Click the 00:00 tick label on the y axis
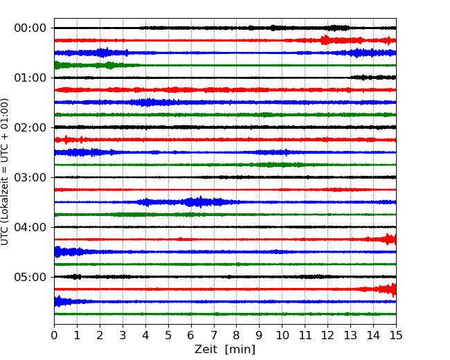pyautogui.click(x=30, y=28)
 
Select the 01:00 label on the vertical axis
pyautogui.click(x=30, y=78)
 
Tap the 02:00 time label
pyautogui.click(x=30, y=127)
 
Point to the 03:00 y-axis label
pyautogui.click(x=30, y=177)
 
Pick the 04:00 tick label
pyautogui.click(x=30, y=227)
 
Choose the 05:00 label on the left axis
pyautogui.click(x=30, y=277)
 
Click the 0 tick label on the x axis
pyautogui.click(x=54, y=335)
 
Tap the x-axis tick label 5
pyautogui.click(x=168, y=335)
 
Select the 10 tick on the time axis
pyautogui.click(x=282, y=335)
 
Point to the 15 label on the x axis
pyautogui.click(x=396, y=335)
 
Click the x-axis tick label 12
pyautogui.click(x=327, y=335)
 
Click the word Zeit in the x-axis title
pyautogui.click(x=206, y=349)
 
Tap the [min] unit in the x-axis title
pyautogui.click(x=240, y=350)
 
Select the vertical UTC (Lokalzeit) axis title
pyautogui.click(x=5, y=172)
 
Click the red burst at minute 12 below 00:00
pyautogui.click(x=325, y=40)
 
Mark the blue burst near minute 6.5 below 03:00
pyautogui.click(x=200, y=202)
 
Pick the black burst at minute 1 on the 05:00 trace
pyautogui.click(x=76, y=277)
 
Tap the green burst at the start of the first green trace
pyautogui.click(x=59, y=65)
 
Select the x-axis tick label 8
pyautogui.click(x=237, y=335)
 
